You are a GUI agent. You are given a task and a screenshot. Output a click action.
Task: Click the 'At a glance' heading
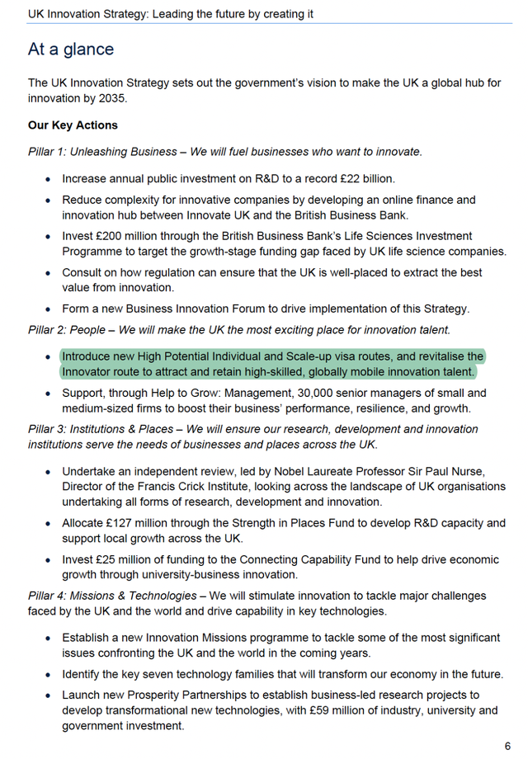[x=71, y=49]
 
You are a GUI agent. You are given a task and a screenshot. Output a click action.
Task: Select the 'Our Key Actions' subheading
[x=73, y=125]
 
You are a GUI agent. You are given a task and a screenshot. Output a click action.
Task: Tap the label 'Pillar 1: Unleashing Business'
[x=102, y=152]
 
